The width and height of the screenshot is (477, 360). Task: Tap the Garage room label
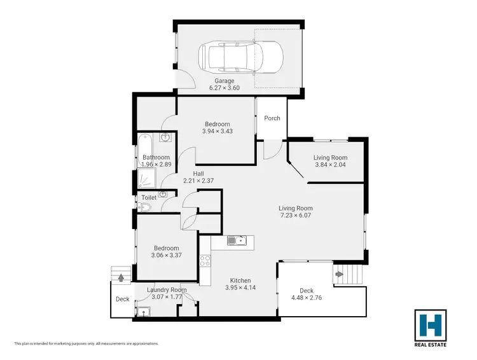[224, 81]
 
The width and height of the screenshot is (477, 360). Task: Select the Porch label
[272, 118]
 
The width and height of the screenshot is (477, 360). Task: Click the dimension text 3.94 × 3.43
[217, 132]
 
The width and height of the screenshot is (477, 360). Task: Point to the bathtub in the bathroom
[144, 144]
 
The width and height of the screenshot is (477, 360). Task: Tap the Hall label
[198, 173]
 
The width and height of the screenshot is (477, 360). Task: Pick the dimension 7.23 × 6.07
[296, 216]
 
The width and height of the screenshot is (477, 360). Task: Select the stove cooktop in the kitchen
[205, 260]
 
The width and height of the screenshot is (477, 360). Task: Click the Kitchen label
[240, 280]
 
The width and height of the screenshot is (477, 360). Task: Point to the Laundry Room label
[167, 290]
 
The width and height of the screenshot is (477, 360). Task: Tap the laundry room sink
[144, 312]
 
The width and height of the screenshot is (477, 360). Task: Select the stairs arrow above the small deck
[121, 277]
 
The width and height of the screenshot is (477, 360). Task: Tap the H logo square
[430, 326]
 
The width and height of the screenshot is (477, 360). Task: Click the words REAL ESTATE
[430, 345]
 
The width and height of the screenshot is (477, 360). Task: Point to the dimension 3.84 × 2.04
[330, 165]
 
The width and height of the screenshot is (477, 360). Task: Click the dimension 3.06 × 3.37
[165, 256]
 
